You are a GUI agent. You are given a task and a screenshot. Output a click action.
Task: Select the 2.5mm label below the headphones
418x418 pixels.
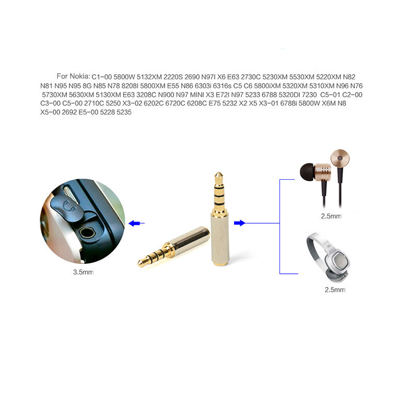pos(335,289)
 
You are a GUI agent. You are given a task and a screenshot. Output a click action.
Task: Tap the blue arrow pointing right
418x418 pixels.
pos(239,223)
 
